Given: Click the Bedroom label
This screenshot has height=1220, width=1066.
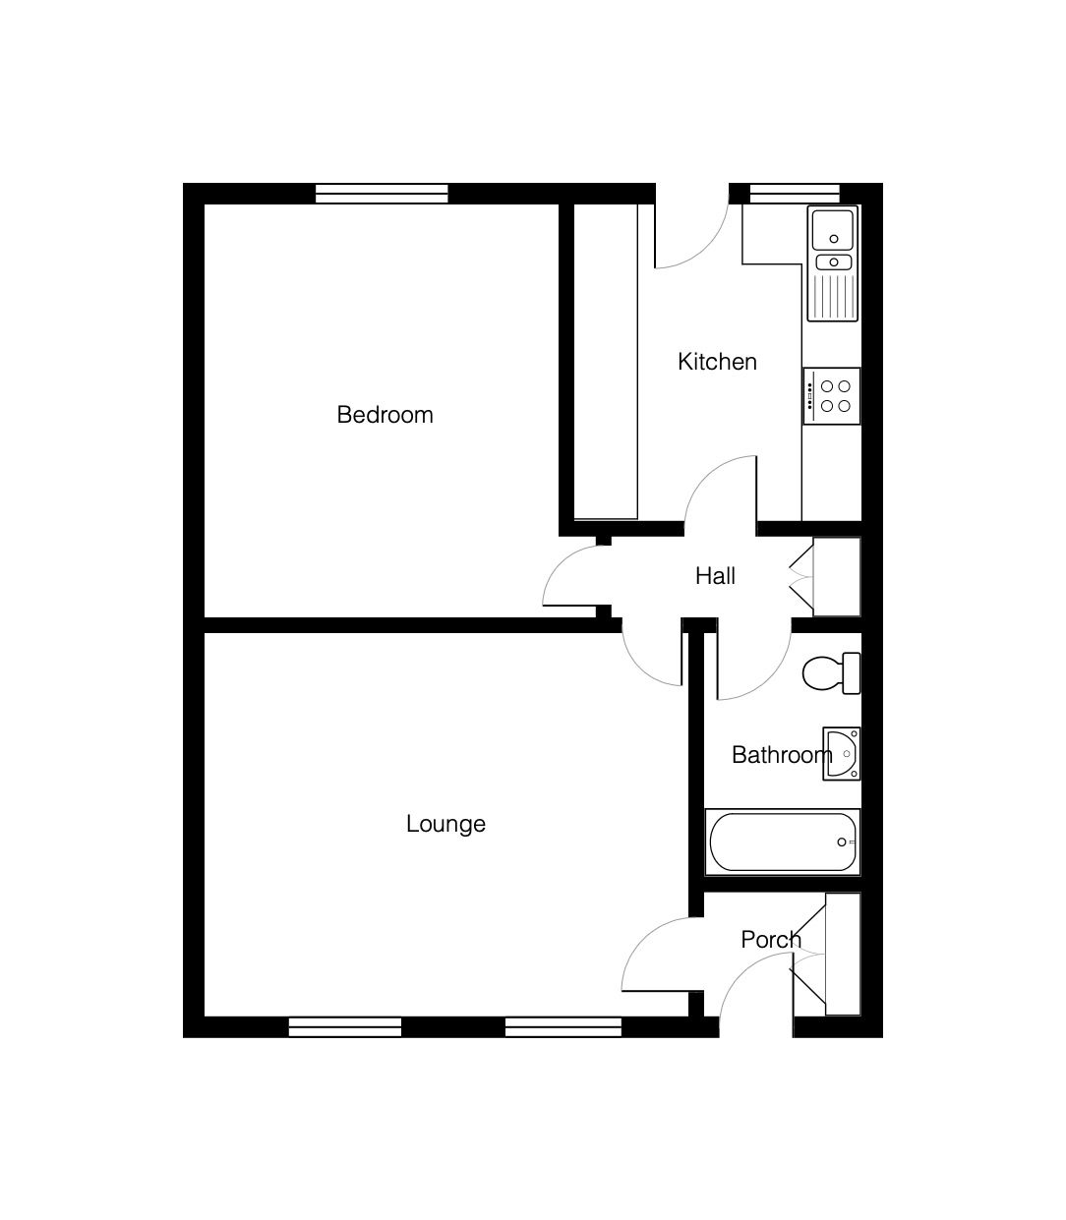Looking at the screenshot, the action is tap(385, 415).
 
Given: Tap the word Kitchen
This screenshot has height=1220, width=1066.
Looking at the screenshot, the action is tap(717, 362).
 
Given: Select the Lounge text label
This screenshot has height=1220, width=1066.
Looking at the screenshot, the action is tap(445, 824).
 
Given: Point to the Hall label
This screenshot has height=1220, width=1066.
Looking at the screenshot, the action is tap(715, 576).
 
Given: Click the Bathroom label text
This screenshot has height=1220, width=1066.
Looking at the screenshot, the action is tap(782, 755).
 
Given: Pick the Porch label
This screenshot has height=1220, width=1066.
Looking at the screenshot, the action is tap(771, 940).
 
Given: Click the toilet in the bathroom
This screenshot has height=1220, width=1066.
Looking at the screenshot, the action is tap(832, 673).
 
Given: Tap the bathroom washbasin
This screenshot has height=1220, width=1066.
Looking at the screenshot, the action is tap(842, 754).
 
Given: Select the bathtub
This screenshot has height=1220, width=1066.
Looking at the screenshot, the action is tap(783, 842).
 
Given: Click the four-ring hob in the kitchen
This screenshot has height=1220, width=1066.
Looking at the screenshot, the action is tap(832, 396).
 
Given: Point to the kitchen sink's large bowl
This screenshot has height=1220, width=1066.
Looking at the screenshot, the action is tap(833, 230).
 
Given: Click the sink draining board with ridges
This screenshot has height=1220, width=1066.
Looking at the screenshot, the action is tap(833, 296).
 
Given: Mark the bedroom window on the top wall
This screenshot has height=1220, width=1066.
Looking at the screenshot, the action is tap(382, 194).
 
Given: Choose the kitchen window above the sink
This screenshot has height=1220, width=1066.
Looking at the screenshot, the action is tap(795, 194).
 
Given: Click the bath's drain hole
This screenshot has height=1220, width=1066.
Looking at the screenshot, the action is tap(841, 842).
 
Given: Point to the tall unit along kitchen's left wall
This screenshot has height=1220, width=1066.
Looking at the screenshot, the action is tap(606, 362).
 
